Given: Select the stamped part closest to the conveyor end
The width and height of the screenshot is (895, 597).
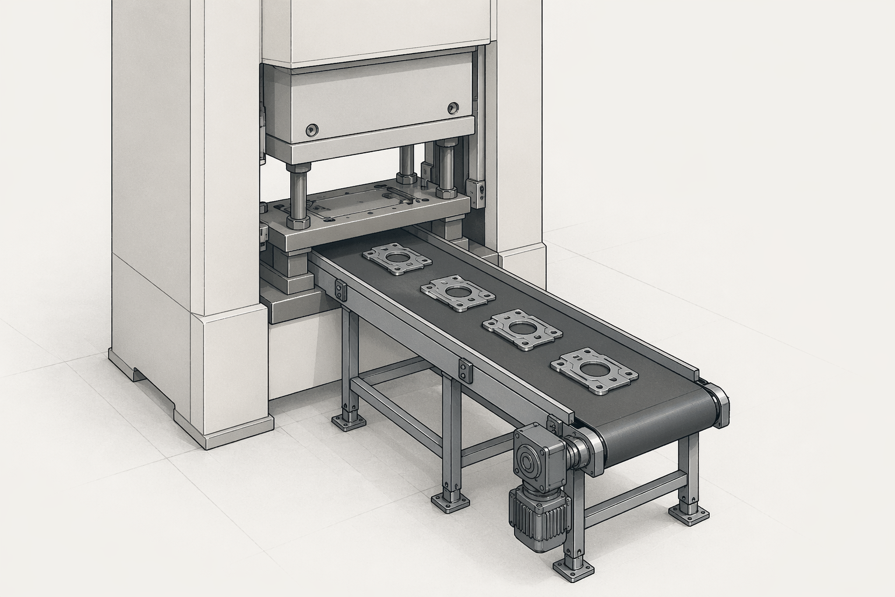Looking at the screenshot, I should click(591, 371).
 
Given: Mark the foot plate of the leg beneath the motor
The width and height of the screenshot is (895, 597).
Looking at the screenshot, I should click(567, 567).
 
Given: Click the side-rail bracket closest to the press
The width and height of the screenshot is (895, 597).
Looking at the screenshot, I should click(340, 290).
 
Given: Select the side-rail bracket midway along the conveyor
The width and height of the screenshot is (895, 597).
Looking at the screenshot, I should click(464, 371).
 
